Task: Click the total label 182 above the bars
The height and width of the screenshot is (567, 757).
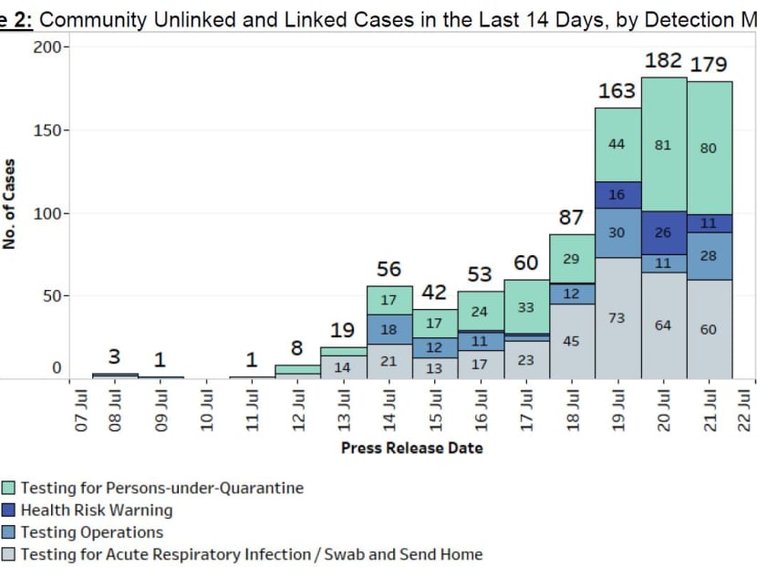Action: tap(663, 60)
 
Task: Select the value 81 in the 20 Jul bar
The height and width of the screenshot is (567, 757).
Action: tap(663, 145)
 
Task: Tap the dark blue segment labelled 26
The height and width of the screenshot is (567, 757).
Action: tap(663, 232)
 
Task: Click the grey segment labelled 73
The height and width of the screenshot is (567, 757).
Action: tap(617, 318)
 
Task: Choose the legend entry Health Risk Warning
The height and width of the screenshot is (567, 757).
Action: tap(96, 510)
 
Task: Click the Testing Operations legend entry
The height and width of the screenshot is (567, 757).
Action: tap(91, 532)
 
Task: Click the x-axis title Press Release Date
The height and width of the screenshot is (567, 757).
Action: tap(411, 448)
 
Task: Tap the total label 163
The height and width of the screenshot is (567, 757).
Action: tap(617, 90)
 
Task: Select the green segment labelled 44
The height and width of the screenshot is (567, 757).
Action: tap(617, 145)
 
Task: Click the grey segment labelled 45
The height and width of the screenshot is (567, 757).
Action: tap(572, 342)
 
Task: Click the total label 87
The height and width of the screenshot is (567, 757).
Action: tap(572, 219)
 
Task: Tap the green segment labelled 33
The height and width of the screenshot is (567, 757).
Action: tap(526, 308)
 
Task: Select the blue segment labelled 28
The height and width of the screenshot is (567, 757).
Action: tap(709, 256)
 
